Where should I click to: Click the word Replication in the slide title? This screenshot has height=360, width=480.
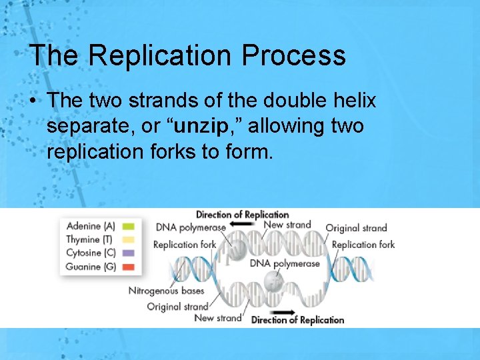pos(162,55)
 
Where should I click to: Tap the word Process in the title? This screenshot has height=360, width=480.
pos(294,55)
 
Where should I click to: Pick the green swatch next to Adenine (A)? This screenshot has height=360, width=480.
pos(129,226)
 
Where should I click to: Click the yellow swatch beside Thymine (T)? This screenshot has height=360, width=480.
pos(129,239)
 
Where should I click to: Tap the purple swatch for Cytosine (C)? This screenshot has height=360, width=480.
pos(129,253)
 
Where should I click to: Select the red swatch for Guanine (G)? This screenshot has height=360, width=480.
pos(129,267)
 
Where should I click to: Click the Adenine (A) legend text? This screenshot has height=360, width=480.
pos(91,226)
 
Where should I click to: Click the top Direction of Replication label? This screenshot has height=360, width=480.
pos(242,215)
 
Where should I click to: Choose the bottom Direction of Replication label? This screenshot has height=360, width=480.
pos(297,321)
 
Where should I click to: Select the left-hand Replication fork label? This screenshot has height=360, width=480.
pos(185,244)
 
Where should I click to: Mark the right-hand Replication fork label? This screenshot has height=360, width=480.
pos(363,244)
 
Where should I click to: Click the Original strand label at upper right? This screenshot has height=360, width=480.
pos(356,228)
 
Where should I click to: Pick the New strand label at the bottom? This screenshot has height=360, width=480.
pos(217,318)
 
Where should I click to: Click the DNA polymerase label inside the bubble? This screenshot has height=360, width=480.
pos(285,263)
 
